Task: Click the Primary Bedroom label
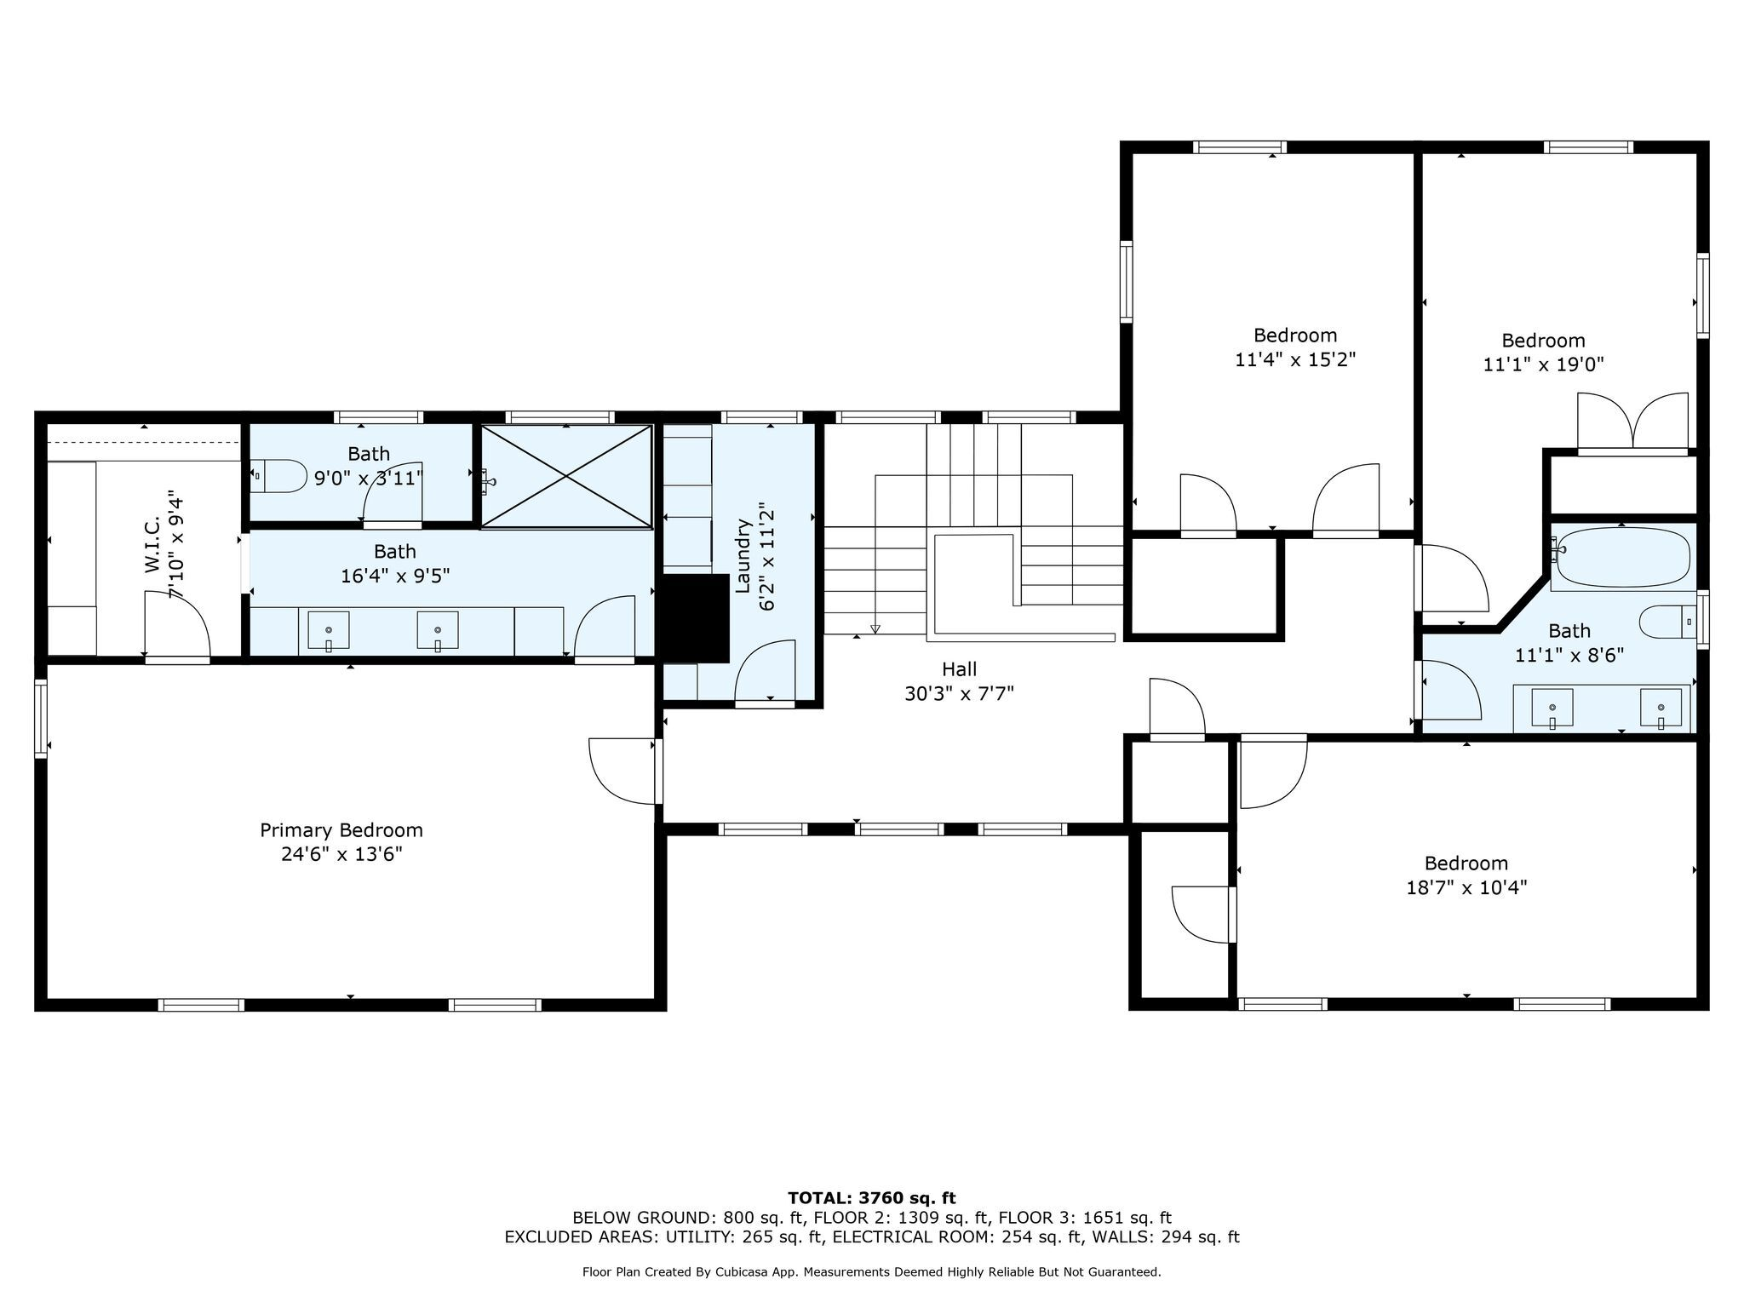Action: coord(341,830)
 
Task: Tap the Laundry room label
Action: coord(742,555)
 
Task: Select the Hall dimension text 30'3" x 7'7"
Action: coord(959,694)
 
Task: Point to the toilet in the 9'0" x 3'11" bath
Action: coord(278,476)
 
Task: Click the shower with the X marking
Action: coord(566,477)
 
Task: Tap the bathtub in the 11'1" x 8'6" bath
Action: coord(1622,557)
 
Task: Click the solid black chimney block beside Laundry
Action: coord(696,618)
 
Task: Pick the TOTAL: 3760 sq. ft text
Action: coord(872,1198)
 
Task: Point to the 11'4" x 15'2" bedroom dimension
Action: coord(1295,359)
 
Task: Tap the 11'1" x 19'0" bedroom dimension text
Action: coord(1543,364)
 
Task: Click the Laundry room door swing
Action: coord(765,673)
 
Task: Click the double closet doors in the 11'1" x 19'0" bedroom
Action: coord(1632,423)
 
